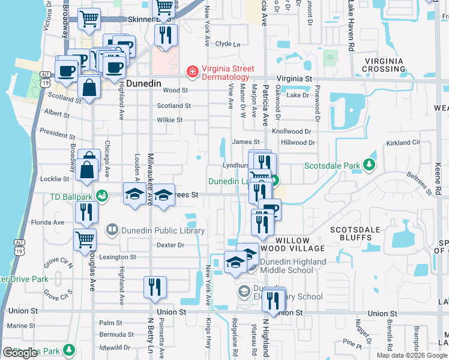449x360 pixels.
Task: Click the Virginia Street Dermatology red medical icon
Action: tap(192, 73)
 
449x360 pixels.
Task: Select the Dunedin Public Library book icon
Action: tap(112, 229)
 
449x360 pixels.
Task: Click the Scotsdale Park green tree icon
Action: tap(372, 165)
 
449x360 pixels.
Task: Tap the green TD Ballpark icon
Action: tap(102, 196)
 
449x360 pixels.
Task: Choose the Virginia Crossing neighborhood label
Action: tap(384, 65)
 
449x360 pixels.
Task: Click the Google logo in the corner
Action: tap(20, 353)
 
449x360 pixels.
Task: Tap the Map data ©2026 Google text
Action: tap(412, 355)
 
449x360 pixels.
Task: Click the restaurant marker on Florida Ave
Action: tap(86, 212)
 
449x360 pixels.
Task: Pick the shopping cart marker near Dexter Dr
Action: tap(85, 239)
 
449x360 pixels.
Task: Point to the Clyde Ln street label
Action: tap(228, 44)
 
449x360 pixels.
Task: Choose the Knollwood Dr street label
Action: tap(292, 131)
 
